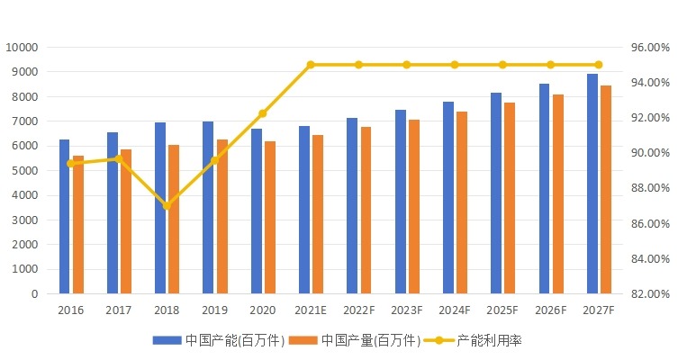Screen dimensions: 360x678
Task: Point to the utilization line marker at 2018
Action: pos(167,205)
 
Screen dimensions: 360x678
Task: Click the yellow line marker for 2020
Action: pos(263,113)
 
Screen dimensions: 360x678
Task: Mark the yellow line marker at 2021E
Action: pos(311,65)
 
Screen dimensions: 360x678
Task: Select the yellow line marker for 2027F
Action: pos(598,65)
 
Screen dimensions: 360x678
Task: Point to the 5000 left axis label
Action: pos(24,170)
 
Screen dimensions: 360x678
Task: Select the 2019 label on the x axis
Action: pos(214,310)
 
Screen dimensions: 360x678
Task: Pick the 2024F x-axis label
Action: pos(454,310)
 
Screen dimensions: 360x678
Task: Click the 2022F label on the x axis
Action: pos(358,310)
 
